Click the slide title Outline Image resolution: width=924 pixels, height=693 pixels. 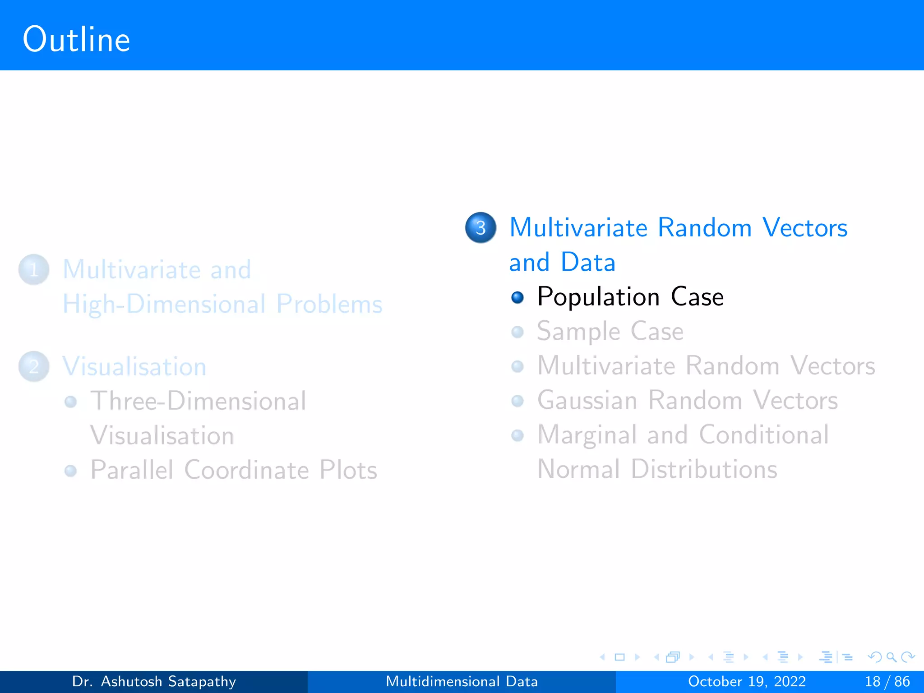76,40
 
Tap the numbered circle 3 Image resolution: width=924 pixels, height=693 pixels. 480,227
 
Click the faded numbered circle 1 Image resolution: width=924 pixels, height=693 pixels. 34,270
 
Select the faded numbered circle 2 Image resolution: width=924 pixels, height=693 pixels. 34,366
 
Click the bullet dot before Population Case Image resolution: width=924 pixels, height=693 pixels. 517,297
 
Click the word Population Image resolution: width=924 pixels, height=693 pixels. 598,297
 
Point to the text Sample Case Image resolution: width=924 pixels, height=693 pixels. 610,332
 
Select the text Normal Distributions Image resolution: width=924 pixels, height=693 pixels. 657,469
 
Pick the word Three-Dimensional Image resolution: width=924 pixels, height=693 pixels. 198,401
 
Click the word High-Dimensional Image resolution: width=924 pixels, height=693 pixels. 164,305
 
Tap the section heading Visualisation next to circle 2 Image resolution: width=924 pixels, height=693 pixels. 134,366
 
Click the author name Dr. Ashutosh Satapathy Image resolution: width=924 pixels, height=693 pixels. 154,681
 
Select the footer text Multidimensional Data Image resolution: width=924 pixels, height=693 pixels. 462,681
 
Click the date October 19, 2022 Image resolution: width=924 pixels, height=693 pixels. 747,681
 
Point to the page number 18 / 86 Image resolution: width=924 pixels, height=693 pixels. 887,681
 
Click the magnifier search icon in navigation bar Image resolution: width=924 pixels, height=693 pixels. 891,657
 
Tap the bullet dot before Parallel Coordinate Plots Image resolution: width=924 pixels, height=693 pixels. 70,471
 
